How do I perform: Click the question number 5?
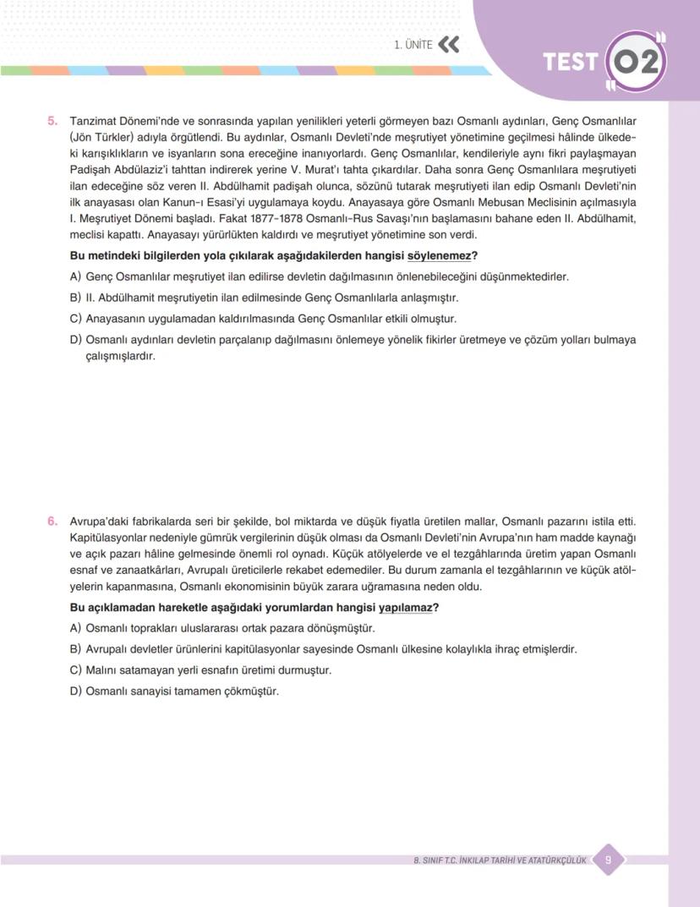[52, 122]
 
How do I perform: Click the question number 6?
[52, 522]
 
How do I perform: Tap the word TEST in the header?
[571, 63]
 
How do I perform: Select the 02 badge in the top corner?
[637, 63]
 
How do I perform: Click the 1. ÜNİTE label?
[413, 45]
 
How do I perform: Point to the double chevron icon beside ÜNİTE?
[449, 45]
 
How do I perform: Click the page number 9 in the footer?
[608, 861]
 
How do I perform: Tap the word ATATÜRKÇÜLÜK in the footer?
[556, 861]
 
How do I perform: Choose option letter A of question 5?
[74, 277]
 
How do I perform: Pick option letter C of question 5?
[74, 320]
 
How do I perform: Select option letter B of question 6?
[74, 650]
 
